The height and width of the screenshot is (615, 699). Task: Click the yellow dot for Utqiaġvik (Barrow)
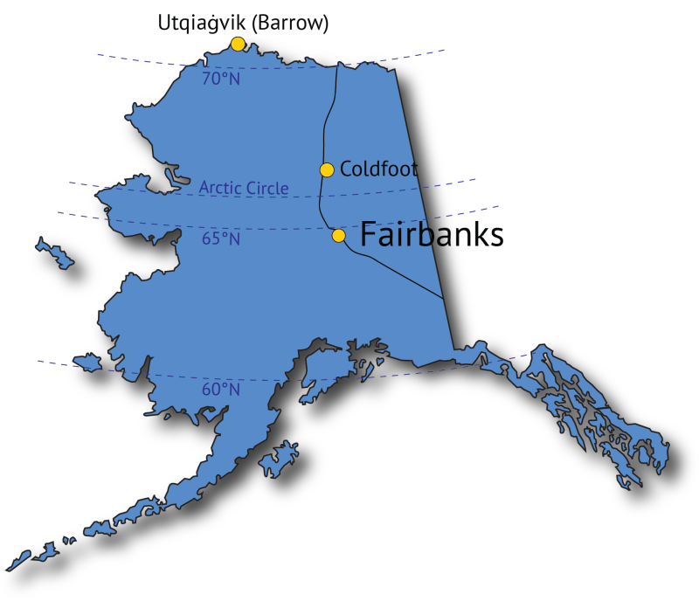[238, 44]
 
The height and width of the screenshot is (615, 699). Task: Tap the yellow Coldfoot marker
[327, 169]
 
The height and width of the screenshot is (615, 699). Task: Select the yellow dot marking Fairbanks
[339, 235]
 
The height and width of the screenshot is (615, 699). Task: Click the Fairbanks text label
[432, 235]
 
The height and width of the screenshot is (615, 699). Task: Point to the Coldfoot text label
[378, 169]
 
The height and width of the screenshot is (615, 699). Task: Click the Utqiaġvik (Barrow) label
[243, 24]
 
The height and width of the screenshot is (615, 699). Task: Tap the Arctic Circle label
[243, 188]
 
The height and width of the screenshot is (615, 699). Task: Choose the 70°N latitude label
[221, 79]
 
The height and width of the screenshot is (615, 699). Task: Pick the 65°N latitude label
[221, 238]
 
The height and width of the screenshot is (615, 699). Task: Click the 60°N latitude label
[221, 390]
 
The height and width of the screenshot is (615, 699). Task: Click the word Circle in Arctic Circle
[266, 189]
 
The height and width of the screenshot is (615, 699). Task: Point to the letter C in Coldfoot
[345, 169]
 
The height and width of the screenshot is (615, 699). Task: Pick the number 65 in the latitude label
[211, 238]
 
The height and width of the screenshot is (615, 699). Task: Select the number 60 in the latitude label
[211, 390]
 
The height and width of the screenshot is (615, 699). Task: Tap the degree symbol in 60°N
[223, 385]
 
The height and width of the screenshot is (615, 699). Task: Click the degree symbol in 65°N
[223, 234]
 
